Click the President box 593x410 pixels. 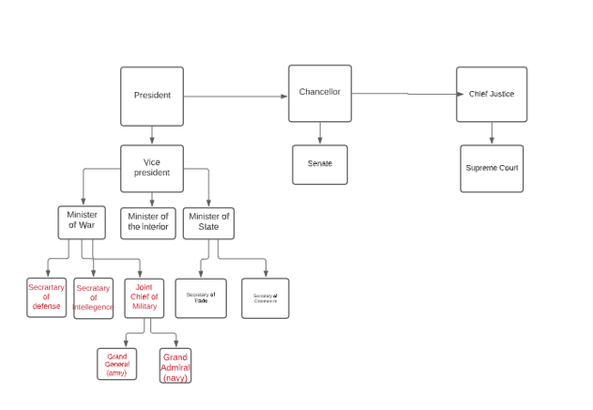pyautogui.click(x=152, y=96)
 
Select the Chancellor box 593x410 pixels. pyautogui.click(x=320, y=93)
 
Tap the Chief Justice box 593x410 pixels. pyautogui.click(x=492, y=94)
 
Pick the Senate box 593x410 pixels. pyautogui.click(x=320, y=164)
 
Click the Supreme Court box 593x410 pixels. pyautogui.click(x=492, y=168)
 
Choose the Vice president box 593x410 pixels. pyautogui.click(x=152, y=168)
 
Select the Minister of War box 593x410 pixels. pyautogui.click(x=83, y=222)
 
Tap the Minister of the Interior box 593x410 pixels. pyautogui.click(x=148, y=223)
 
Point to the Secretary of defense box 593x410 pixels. pyautogui.click(x=47, y=297)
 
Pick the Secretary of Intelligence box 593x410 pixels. pyautogui.click(x=94, y=298)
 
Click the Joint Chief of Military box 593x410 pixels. pyautogui.click(x=144, y=298)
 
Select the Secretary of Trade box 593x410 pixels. pyautogui.click(x=201, y=298)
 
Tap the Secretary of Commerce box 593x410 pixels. pyautogui.click(x=266, y=298)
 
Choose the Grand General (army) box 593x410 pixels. pyautogui.click(x=117, y=364)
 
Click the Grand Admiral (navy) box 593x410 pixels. pyautogui.click(x=175, y=367)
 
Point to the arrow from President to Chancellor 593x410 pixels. pyautogui.click(x=235, y=96)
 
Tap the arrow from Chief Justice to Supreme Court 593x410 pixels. pyautogui.click(x=492, y=133)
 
